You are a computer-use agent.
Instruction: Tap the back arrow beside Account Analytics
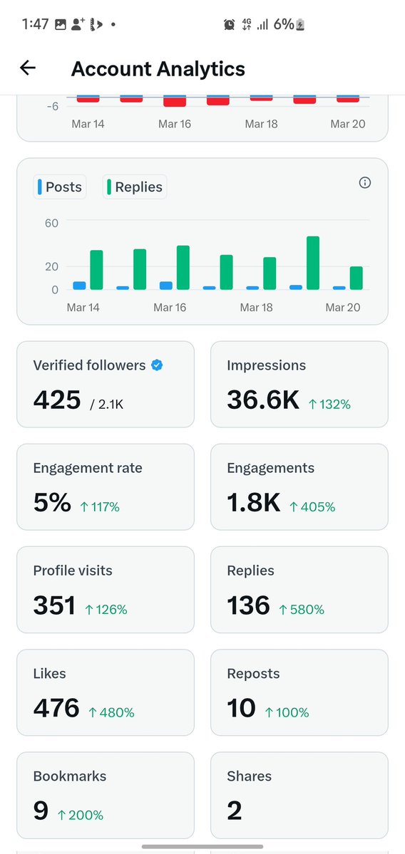(28, 68)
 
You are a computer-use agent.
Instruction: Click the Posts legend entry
(61, 187)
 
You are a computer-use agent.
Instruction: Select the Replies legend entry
(135, 187)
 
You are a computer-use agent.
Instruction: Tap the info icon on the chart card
(365, 183)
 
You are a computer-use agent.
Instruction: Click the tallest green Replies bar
(312, 263)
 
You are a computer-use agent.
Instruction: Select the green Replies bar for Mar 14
(96, 270)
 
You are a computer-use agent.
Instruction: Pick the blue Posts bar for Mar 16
(165, 286)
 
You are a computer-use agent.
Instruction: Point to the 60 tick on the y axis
(51, 223)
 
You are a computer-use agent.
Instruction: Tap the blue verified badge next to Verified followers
(158, 365)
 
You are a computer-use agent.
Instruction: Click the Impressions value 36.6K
(263, 400)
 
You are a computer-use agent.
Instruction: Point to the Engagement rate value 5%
(52, 504)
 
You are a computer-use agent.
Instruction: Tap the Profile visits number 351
(54, 606)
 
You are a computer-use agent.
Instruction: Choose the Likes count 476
(56, 709)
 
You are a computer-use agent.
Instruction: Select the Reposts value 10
(241, 709)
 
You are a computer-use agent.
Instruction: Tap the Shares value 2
(234, 811)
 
